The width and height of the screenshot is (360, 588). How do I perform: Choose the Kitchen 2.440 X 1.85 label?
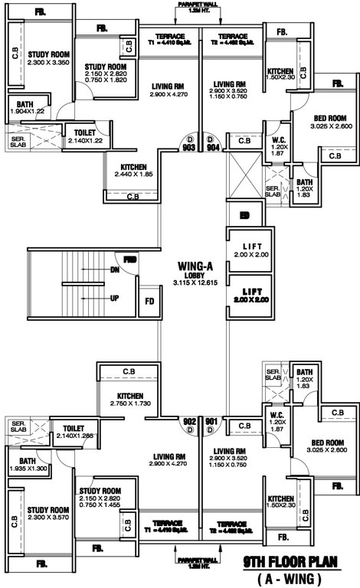tap(133, 171)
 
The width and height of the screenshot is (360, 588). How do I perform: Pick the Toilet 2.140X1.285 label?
tap(74, 432)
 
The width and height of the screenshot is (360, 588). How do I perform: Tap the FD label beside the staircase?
tap(149, 300)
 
